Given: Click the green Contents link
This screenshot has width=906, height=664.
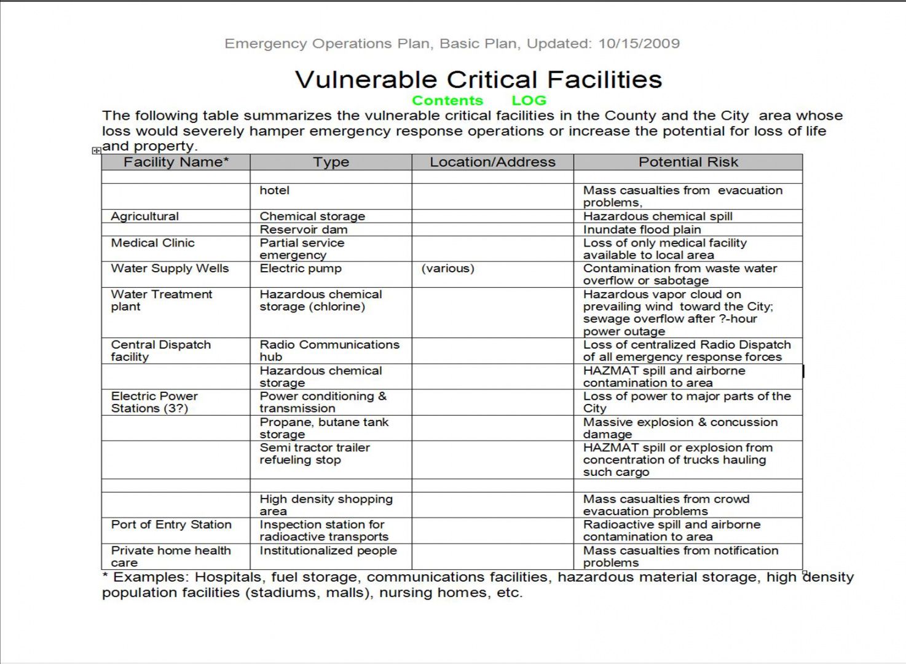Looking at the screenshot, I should point(447,101).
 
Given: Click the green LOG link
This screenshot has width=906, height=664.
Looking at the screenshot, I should point(529,101).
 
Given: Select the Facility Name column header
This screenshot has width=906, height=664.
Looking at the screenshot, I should point(176,162).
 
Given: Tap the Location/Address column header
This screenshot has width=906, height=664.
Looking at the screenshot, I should point(492,162).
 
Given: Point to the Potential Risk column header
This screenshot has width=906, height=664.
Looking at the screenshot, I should point(688,162).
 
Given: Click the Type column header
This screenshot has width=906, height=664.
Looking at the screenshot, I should point(331,162).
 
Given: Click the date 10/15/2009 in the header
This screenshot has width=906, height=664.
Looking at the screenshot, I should point(639,44).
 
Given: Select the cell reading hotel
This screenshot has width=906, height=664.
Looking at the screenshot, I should point(275,191).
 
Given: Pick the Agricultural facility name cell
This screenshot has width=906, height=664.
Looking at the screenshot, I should point(145,216).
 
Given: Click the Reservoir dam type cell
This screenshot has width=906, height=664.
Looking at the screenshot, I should point(304,230).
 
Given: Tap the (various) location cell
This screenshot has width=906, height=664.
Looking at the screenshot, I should point(448,269).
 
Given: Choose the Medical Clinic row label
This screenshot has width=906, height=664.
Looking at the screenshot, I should point(153,243).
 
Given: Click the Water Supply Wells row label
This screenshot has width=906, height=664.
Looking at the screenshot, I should point(170,269).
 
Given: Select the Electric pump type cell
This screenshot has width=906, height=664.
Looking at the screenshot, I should point(301,269).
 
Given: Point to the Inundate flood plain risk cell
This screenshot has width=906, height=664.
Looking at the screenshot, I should point(642,230).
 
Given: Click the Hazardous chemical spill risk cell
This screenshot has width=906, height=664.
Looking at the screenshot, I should point(658,216).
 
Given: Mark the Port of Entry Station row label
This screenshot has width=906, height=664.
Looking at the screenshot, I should point(171,525).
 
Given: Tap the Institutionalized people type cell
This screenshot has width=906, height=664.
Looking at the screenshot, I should point(328,551).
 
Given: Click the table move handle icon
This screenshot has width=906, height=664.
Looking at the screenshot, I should point(97,151).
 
